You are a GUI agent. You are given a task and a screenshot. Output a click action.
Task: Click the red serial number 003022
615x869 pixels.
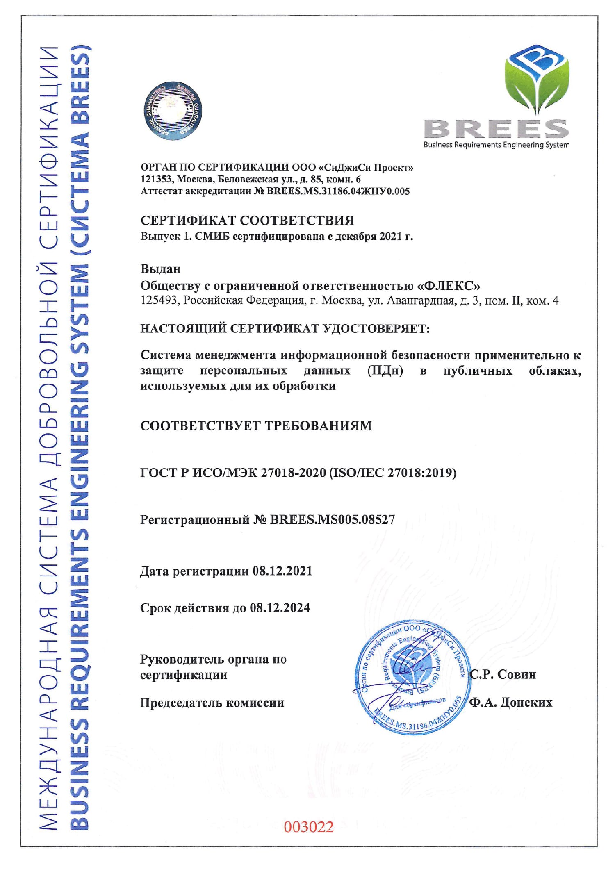click(309, 826)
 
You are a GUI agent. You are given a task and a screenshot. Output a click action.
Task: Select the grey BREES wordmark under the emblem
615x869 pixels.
click(496, 129)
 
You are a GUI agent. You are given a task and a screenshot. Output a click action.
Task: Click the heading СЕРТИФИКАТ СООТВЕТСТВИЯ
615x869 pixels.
click(247, 221)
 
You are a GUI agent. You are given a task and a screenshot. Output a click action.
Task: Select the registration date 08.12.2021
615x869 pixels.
click(282, 571)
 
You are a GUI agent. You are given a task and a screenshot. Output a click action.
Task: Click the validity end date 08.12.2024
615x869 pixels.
click(280, 607)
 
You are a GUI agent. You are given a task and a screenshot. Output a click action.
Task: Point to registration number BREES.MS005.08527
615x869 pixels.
click(332, 520)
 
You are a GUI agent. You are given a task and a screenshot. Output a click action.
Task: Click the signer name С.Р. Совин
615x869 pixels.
click(503, 674)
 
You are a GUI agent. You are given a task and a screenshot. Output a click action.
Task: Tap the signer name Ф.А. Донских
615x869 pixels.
click(510, 702)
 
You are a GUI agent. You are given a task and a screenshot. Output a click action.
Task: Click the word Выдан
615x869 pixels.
click(160, 269)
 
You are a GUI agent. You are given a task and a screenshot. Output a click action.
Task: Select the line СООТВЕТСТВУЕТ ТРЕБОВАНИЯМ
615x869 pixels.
click(256, 425)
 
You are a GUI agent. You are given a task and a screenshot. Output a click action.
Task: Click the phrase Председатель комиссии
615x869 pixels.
click(212, 703)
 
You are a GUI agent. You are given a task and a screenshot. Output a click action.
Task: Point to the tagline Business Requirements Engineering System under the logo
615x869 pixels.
click(496, 145)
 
